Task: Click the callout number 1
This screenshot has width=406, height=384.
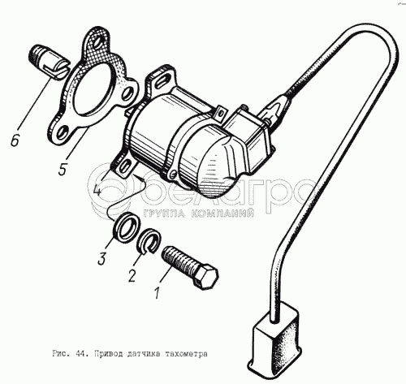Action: tap(158, 293)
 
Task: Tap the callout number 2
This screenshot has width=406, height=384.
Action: tap(132, 275)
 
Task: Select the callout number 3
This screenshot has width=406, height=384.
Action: tap(101, 258)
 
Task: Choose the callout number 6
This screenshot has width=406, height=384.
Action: tap(15, 140)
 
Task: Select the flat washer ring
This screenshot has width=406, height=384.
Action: tap(126, 227)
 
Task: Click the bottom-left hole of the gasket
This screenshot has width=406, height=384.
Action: tap(62, 132)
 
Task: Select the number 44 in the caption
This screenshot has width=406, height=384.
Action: tap(78, 354)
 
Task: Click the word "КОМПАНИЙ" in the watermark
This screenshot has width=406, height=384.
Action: tap(222, 214)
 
